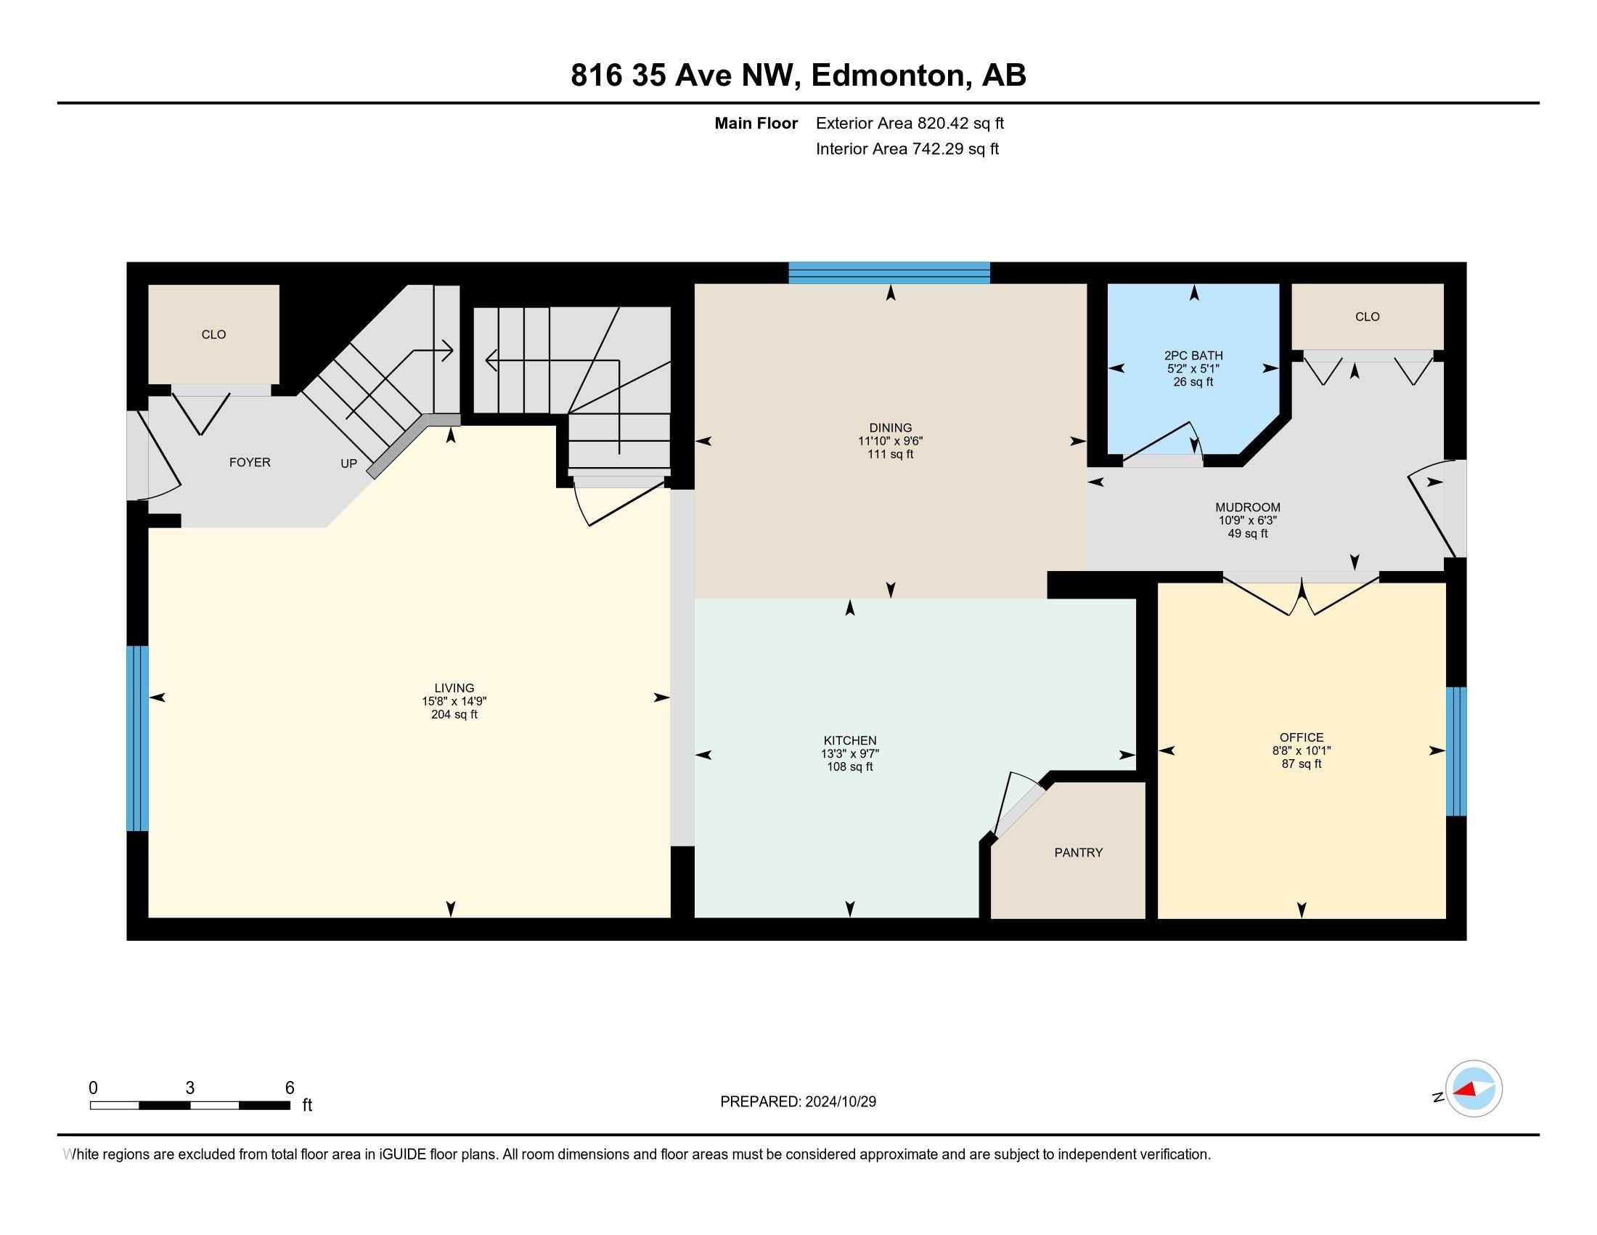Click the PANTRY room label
pyautogui.click(x=1078, y=852)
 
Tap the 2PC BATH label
pyautogui.click(x=1193, y=355)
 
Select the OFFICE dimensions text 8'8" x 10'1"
pyautogui.click(x=1301, y=750)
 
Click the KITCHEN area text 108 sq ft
pyautogui.click(x=849, y=766)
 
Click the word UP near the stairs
pyautogui.click(x=348, y=464)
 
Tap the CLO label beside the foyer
pyautogui.click(x=213, y=334)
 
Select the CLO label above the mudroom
pyautogui.click(x=1367, y=317)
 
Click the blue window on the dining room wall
pyautogui.click(x=889, y=273)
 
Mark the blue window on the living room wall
pyautogui.click(x=137, y=738)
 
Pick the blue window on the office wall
pyautogui.click(x=1456, y=750)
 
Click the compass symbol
pyautogui.click(x=1473, y=1089)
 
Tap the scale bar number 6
pyautogui.click(x=290, y=1088)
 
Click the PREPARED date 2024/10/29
pyautogui.click(x=839, y=1102)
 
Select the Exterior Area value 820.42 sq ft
pyautogui.click(x=960, y=123)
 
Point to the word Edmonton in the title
pyautogui.click(x=888, y=76)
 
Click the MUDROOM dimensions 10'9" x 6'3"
pyautogui.click(x=1246, y=521)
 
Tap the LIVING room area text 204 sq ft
pyautogui.click(x=454, y=715)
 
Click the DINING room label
pyautogui.click(x=890, y=428)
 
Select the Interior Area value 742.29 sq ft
pyautogui.click(x=955, y=149)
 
